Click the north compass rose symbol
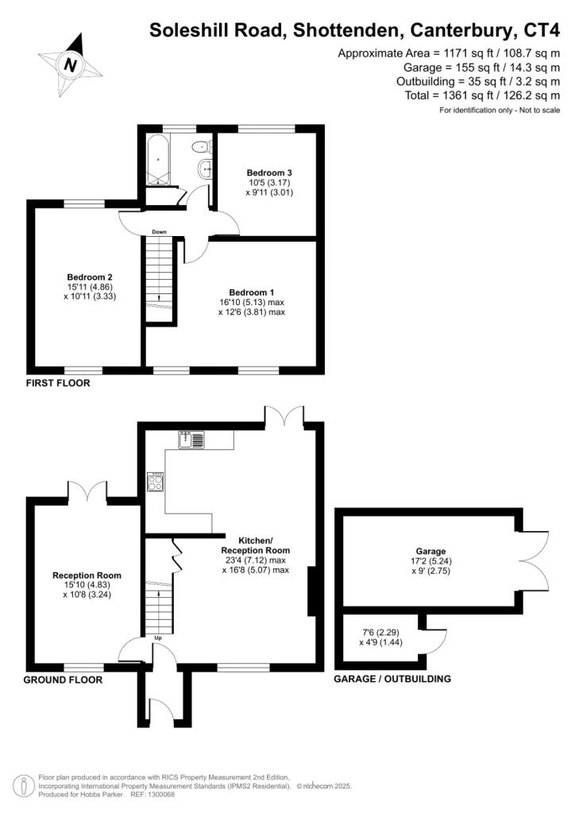(70, 64)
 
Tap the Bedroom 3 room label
(264, 172)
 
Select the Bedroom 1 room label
(251, 292)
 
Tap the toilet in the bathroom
(203, 145)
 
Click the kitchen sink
(193, 440)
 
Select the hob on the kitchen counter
(156, 483)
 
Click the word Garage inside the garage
(431, 551)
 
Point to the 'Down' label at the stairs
(160, 232)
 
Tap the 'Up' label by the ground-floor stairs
(159, 637)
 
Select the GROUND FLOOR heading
(63, 680)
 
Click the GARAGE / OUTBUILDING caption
(392, 679)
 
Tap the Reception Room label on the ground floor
(87, 576)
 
